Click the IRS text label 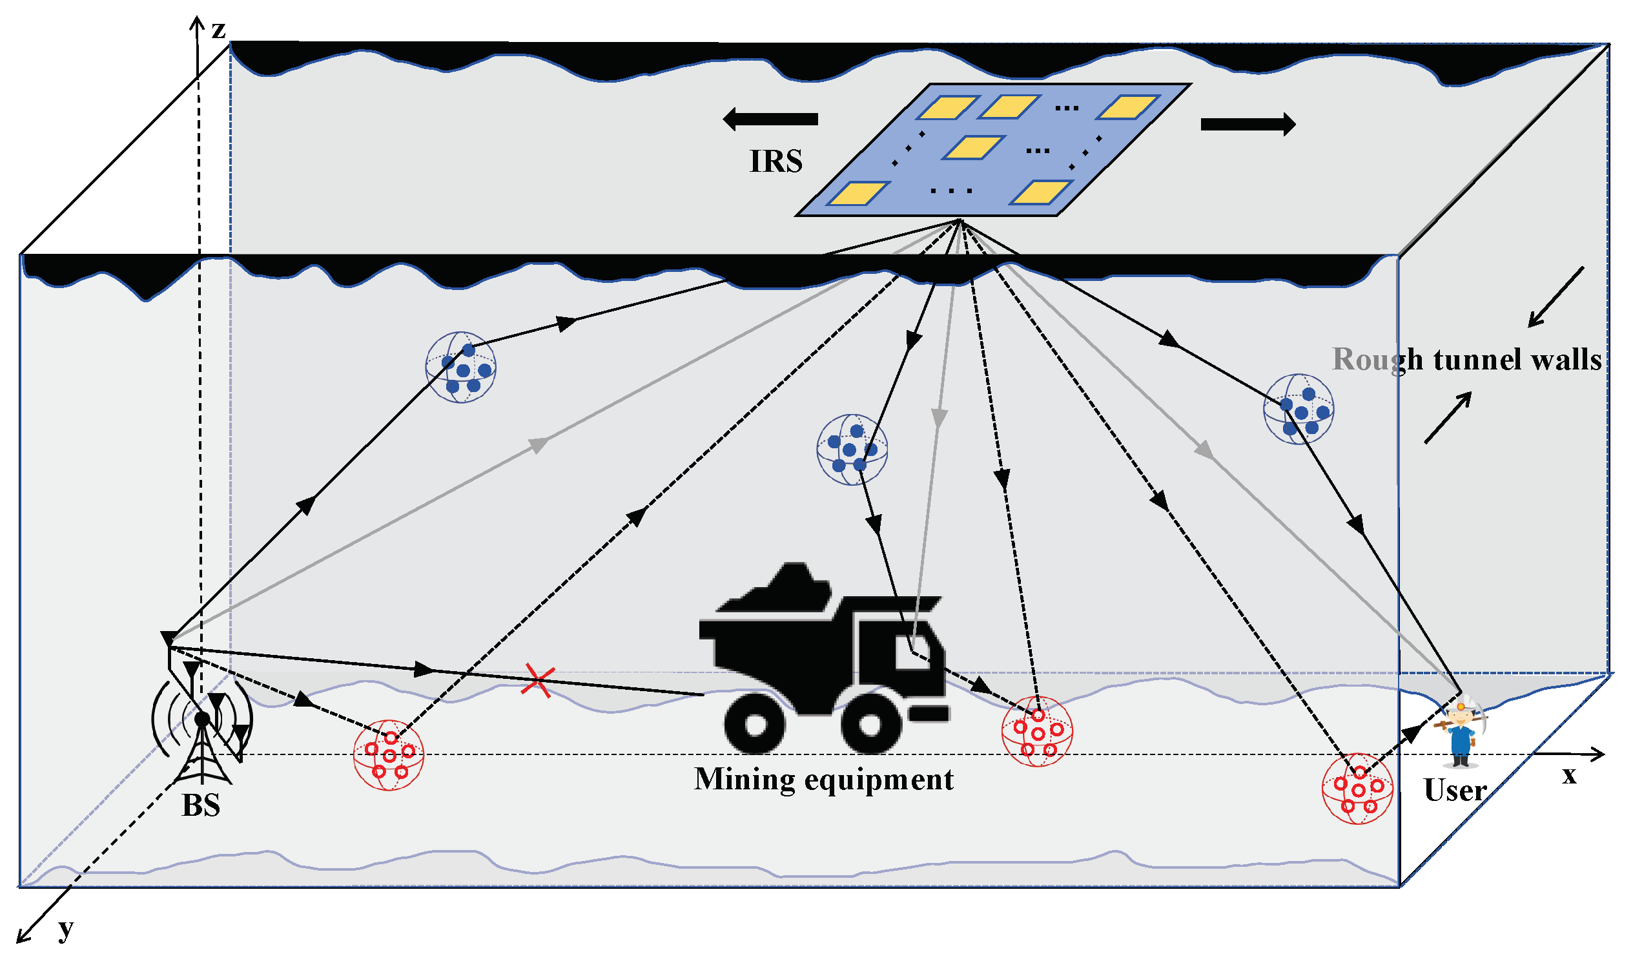pyautogui.click(x=775, y=161)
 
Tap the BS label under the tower pyautogui.click(x=201, y=805)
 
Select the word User pyautogui.click(x=1454, y=791)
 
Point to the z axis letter pyautogui.click(x=218, y=29)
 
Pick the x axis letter pyautogui.click(x=1569, y=776)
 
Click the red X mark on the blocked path pyautogui.click(x=538, y=681)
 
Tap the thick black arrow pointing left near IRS pyautogui.click(x=770, y=119)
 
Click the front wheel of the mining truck pyautogui.click(x=871, y=725)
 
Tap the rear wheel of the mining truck pyautogui.click(x=755, y=725)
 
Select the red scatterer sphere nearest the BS pyautogui.click(x=388, y=755)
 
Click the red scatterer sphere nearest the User pyautogui.click(x=1357, y=789)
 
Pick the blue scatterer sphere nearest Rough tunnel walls pyautogui.click(x=1299, y=409)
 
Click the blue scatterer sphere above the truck pyautogui.click(x=852, y=450)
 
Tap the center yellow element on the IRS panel pyautogui.click(x=973, y=148)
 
